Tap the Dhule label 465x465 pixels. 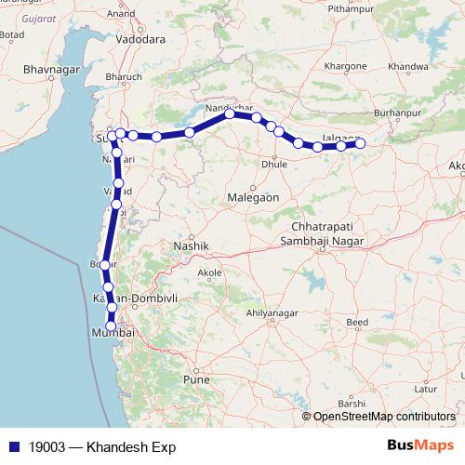click(x=274, y=164)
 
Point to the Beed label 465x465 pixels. click(x=356, y=323)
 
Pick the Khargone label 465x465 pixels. click(x=345, y=68)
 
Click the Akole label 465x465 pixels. click(x=209, y=273)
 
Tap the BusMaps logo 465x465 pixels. click(x=420, y=445)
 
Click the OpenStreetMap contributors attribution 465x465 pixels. click(x=384, y=416)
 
